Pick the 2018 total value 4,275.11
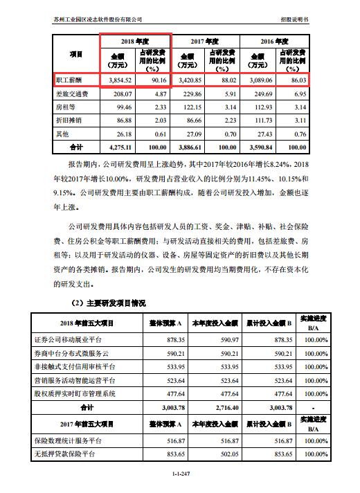point(116,147)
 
